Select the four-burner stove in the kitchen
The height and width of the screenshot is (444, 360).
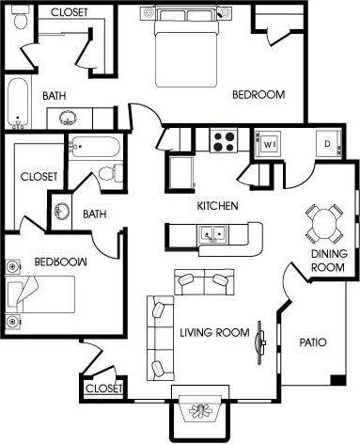point(227,141)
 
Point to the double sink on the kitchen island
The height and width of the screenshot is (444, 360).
point(208,233)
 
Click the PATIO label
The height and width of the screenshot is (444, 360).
point(312,342)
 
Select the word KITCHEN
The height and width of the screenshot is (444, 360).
point(216,206)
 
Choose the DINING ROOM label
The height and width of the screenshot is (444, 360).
point(330,261)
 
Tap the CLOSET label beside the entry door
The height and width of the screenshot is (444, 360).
point(103,388)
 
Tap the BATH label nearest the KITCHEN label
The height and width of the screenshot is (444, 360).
point(94,214)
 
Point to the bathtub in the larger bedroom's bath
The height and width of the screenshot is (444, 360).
point(16,103)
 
